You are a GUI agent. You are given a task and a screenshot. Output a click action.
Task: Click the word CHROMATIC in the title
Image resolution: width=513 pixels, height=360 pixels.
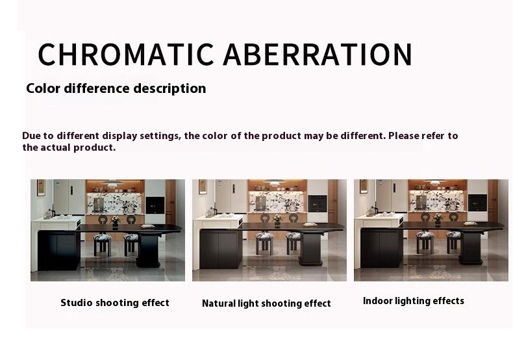126,55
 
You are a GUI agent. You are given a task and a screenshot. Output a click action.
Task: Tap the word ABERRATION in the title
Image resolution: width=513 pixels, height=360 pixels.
318,55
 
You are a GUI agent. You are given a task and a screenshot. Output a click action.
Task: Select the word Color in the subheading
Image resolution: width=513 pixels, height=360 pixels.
43,88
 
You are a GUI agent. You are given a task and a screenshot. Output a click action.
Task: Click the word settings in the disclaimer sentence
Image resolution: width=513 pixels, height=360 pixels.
160,136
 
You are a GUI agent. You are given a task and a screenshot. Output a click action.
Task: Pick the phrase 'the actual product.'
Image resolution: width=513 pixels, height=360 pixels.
69,148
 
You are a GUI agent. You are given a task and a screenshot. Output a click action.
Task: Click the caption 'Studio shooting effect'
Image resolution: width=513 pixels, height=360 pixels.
115,303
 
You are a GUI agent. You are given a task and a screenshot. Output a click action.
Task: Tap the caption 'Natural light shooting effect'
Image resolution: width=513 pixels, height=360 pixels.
266,303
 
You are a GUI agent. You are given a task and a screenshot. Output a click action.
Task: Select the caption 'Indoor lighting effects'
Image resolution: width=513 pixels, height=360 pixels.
414,301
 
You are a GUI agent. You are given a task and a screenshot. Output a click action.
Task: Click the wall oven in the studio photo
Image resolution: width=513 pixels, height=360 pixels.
155,205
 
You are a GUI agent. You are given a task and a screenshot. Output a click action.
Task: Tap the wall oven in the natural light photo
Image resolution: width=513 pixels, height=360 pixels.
317,203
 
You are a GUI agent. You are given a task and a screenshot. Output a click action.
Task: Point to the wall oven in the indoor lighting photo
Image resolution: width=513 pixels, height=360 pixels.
477,203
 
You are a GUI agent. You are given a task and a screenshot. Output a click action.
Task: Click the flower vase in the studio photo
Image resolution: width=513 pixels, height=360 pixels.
115,222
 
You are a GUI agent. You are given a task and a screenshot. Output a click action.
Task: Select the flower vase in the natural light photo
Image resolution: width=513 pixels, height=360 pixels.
277,221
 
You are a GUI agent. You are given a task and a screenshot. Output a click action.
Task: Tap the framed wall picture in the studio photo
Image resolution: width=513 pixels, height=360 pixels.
41,188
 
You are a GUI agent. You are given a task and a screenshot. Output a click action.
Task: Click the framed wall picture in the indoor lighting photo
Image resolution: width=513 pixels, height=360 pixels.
364,186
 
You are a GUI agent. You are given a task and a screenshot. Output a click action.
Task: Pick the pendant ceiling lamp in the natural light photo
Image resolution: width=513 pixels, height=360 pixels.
275,183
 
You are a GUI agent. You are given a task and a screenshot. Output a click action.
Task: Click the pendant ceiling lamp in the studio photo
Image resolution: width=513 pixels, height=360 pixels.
112,183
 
